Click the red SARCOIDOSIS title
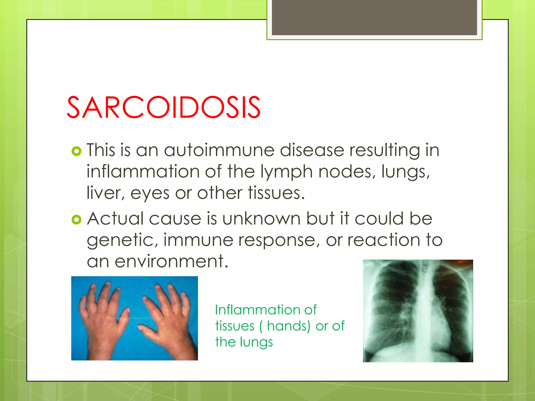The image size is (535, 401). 164,107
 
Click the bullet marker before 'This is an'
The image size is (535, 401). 76,151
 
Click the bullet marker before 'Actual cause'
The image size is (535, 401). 76,220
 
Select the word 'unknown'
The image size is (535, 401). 261,219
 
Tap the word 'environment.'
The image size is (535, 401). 171,261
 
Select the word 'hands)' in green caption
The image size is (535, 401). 288,326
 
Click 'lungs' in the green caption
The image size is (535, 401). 256,343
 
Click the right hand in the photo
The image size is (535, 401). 167,319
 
